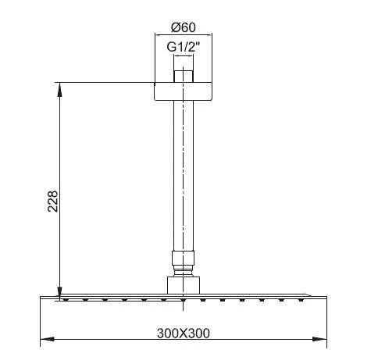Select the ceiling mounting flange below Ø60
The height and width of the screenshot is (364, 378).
pos(182,89)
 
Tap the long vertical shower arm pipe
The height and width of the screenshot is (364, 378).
pos(182,172)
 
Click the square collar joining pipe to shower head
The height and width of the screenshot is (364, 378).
pos(182,284)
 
